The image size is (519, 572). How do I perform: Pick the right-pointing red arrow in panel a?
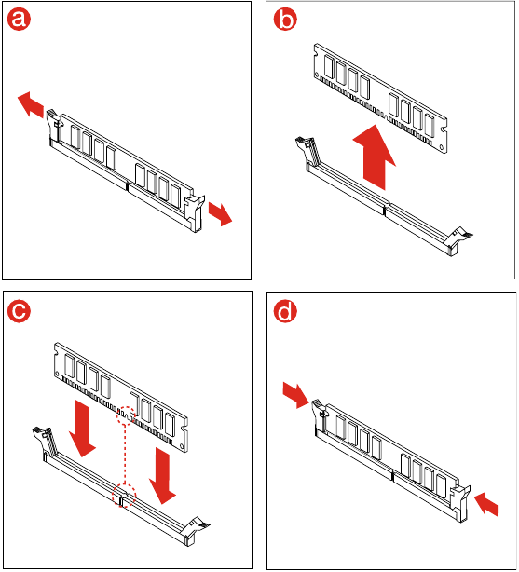click(x=221, y=213)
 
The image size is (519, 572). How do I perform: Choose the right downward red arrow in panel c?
click(x=163, y=474)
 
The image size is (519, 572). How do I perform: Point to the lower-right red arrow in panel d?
click(x=485, y=503)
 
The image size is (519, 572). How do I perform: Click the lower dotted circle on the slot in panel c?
click(x=121, y=496)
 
